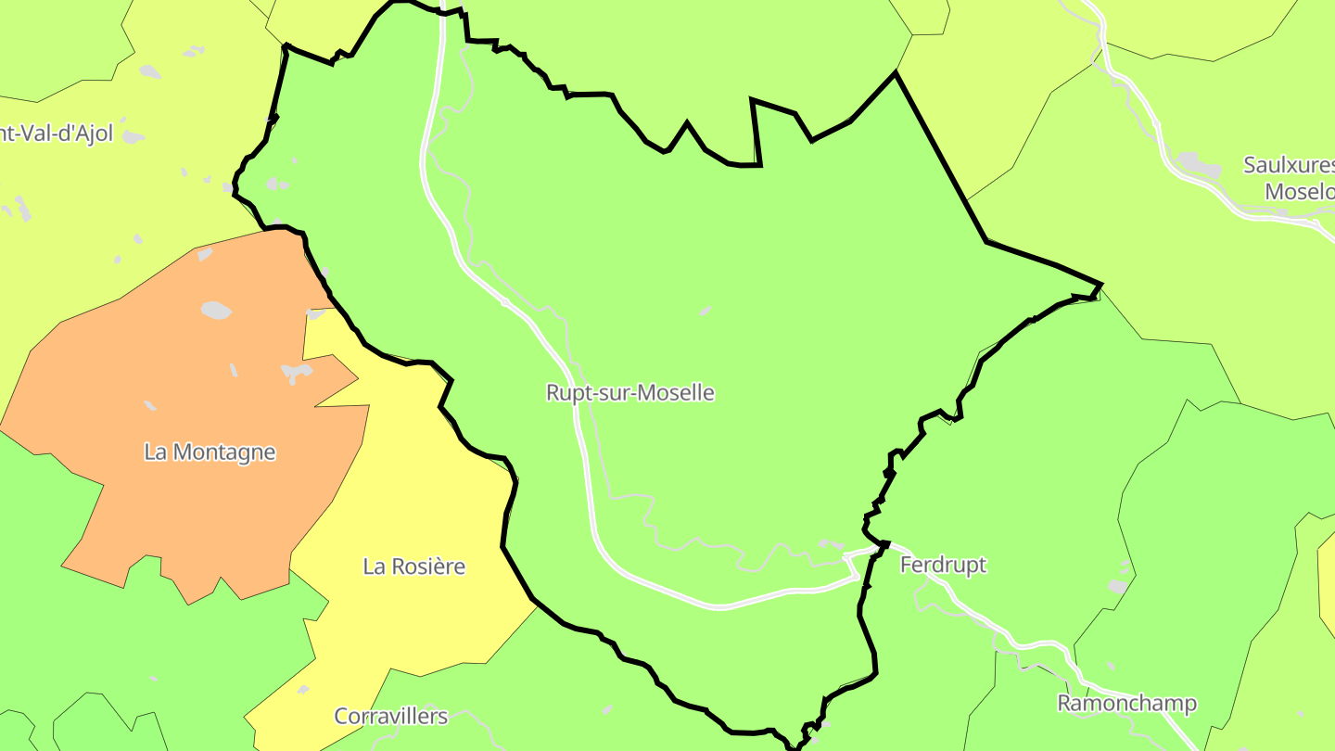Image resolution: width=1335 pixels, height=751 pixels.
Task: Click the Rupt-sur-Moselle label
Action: point(630,392)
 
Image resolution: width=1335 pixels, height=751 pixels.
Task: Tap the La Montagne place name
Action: point(210,452)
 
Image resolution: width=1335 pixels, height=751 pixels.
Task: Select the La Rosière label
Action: point(413,566)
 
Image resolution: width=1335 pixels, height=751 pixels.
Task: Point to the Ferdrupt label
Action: point(944,565)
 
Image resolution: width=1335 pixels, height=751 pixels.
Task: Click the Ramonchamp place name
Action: point(1126,704)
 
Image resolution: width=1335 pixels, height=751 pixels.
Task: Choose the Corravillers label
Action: point(390,716)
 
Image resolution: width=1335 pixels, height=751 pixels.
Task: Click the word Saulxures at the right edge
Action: point(1289,166)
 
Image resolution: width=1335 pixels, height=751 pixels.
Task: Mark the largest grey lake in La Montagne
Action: point(216,310)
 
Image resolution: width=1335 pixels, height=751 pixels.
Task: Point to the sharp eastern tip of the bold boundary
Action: point(1100,285)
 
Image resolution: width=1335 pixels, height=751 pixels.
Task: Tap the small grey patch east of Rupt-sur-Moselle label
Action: point(706,311)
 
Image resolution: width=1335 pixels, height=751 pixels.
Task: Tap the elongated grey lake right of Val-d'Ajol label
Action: point(133,137)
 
